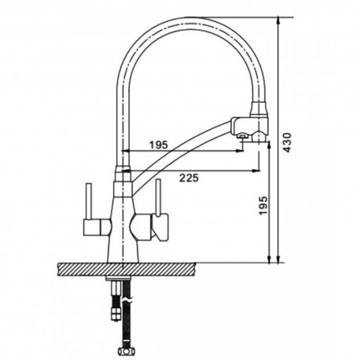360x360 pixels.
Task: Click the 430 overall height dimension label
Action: point(288,142)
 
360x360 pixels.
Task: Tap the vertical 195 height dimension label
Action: point(263,205)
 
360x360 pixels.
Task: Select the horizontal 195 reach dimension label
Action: point(158,145)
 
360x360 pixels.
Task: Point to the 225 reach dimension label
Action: point(189,178)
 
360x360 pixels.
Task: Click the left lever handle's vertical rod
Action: point(89,201)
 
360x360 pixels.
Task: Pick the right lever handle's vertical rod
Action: point(158,198)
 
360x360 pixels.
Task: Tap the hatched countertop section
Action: point(126,269)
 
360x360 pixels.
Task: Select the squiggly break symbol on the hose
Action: point(129,300)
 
